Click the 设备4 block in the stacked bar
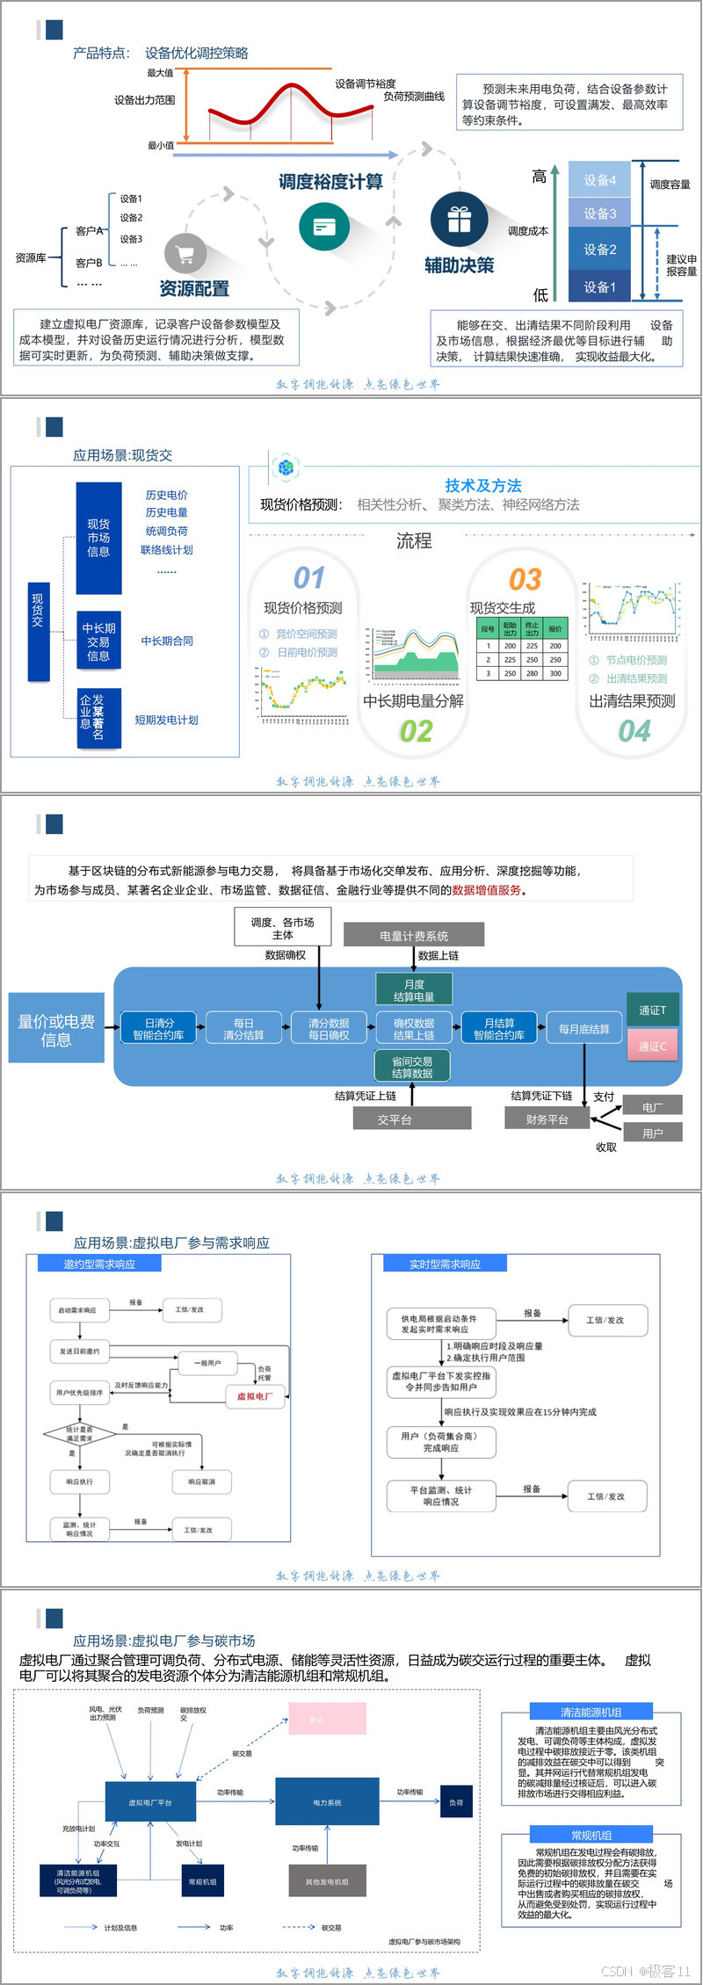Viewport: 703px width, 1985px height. point(599,180)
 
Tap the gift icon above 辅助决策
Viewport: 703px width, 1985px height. point(459,220)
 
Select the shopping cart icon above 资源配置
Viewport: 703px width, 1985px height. point(185,256)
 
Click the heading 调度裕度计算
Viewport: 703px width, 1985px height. point(330,182)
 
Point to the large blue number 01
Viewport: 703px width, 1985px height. point(308,577)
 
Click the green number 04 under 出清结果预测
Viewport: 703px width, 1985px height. point(634,731)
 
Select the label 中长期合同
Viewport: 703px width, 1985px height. point(167,641)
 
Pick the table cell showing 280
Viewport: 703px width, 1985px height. point(532,673)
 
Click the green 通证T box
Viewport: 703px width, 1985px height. point(652,1011)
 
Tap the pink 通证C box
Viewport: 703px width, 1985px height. point(652,1047)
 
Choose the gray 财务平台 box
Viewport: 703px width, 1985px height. point(547,1119)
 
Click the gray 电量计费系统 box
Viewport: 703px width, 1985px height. point(413,936)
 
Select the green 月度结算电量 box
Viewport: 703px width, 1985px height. point(414,990)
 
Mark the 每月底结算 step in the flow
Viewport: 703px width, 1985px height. point(584,1029)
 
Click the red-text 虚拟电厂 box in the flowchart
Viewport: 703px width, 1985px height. point(255,1396)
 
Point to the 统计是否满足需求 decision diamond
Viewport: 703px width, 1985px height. point(79,1434)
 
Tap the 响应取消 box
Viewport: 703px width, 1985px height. point(201,1482)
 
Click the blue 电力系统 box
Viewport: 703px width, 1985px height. point(327,1802)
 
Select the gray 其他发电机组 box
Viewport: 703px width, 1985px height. point(327,1881)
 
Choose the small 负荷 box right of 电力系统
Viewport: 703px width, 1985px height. point(456,1802)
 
